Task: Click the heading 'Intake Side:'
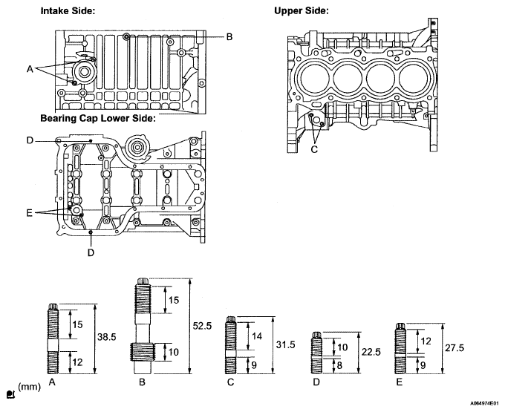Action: click(x=68, y=11)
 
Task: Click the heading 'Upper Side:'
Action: click(x=302, y=11)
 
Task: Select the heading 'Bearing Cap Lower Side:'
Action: click(x=98, y=119)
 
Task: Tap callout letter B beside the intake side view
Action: click(x=229, y=36)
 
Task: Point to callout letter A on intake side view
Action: click(x=30, y=69)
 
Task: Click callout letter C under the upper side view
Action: click(x=314, y=149)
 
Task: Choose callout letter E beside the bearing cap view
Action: click(x=29, y=213)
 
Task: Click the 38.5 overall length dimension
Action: click(x=107, y=337)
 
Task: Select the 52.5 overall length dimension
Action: click(x=202, y=326)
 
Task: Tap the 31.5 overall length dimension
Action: click(x=285, y=344)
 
